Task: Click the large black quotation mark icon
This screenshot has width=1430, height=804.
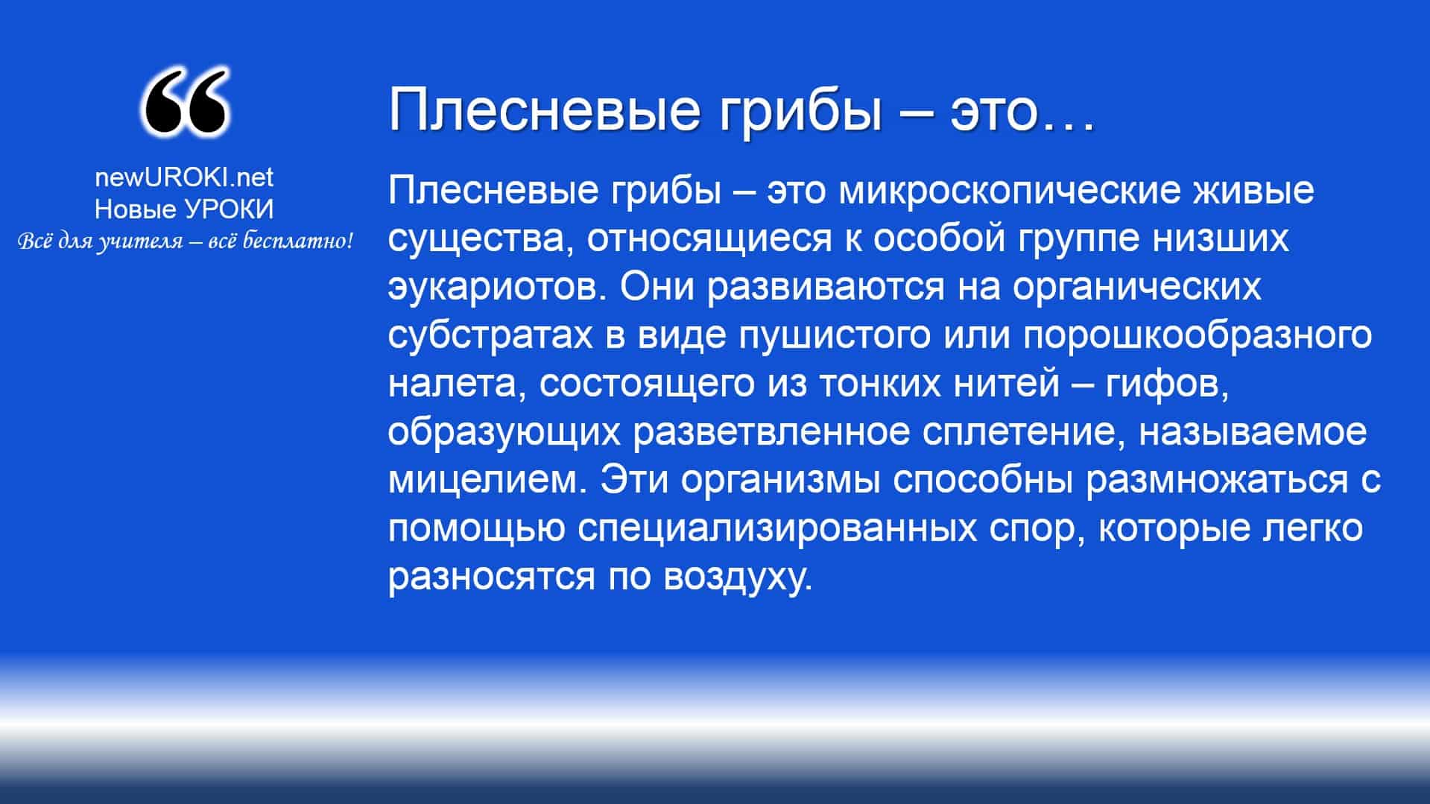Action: [184, 102]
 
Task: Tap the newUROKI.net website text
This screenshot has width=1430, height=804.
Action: [184, 177]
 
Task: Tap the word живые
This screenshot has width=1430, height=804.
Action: [1255, 190]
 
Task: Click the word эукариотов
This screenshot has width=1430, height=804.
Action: [497, 288]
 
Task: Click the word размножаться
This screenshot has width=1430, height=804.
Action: [1218, 481]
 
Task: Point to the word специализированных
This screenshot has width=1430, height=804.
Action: [777, 530]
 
